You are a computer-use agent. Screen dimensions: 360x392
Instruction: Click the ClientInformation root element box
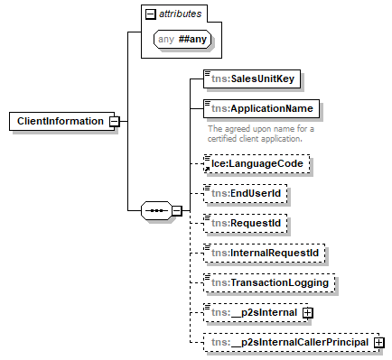point(59,121)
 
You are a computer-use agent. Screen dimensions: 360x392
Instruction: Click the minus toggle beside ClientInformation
point(115,121)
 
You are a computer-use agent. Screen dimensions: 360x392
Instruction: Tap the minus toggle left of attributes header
point(150,14)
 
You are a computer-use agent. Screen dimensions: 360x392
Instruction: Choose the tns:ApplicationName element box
point(262,108)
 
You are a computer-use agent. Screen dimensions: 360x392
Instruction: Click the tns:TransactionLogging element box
point(268,282)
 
